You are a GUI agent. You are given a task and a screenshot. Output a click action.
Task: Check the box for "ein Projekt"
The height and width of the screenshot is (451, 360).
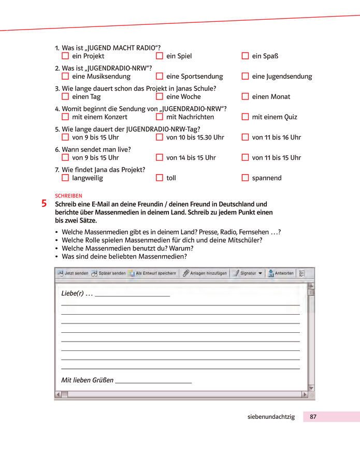[x=65, y=56]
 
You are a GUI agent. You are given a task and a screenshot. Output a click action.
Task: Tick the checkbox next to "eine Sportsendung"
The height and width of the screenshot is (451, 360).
[x=160, y=76]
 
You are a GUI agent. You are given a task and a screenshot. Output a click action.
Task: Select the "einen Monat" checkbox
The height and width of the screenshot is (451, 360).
[x=245, y=96]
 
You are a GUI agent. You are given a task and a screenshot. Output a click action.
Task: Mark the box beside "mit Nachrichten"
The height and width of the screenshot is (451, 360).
[x=160, y=117]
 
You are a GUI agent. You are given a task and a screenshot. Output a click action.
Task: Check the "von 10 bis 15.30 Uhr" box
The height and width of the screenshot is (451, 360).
[x=160, y=137]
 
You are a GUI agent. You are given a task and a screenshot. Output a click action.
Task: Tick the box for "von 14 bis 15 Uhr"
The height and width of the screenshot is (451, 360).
[x=160, y=158]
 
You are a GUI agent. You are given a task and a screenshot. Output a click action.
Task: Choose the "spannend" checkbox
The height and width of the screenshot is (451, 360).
[x=245, y=178]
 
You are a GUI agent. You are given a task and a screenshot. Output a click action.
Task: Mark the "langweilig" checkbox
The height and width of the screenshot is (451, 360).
[x=65, y=178]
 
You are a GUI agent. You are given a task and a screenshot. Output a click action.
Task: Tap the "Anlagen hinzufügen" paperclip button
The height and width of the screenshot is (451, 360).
[x=205, y=273]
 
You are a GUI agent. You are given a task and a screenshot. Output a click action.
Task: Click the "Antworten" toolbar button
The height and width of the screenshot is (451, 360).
[x=281, y=273]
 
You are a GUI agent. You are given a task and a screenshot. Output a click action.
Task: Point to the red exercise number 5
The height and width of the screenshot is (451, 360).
[x=44, y=204]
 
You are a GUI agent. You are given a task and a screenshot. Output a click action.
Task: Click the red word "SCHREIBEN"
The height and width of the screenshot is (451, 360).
[x=68, y=195]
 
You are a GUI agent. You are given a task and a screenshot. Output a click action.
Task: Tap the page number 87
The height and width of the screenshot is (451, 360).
[x=313, y=417]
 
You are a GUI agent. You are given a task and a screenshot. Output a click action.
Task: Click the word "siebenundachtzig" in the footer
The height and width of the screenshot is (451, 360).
[x=271, y=417]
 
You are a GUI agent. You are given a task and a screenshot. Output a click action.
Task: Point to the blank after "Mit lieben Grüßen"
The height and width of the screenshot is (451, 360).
[x=153, y=380]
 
